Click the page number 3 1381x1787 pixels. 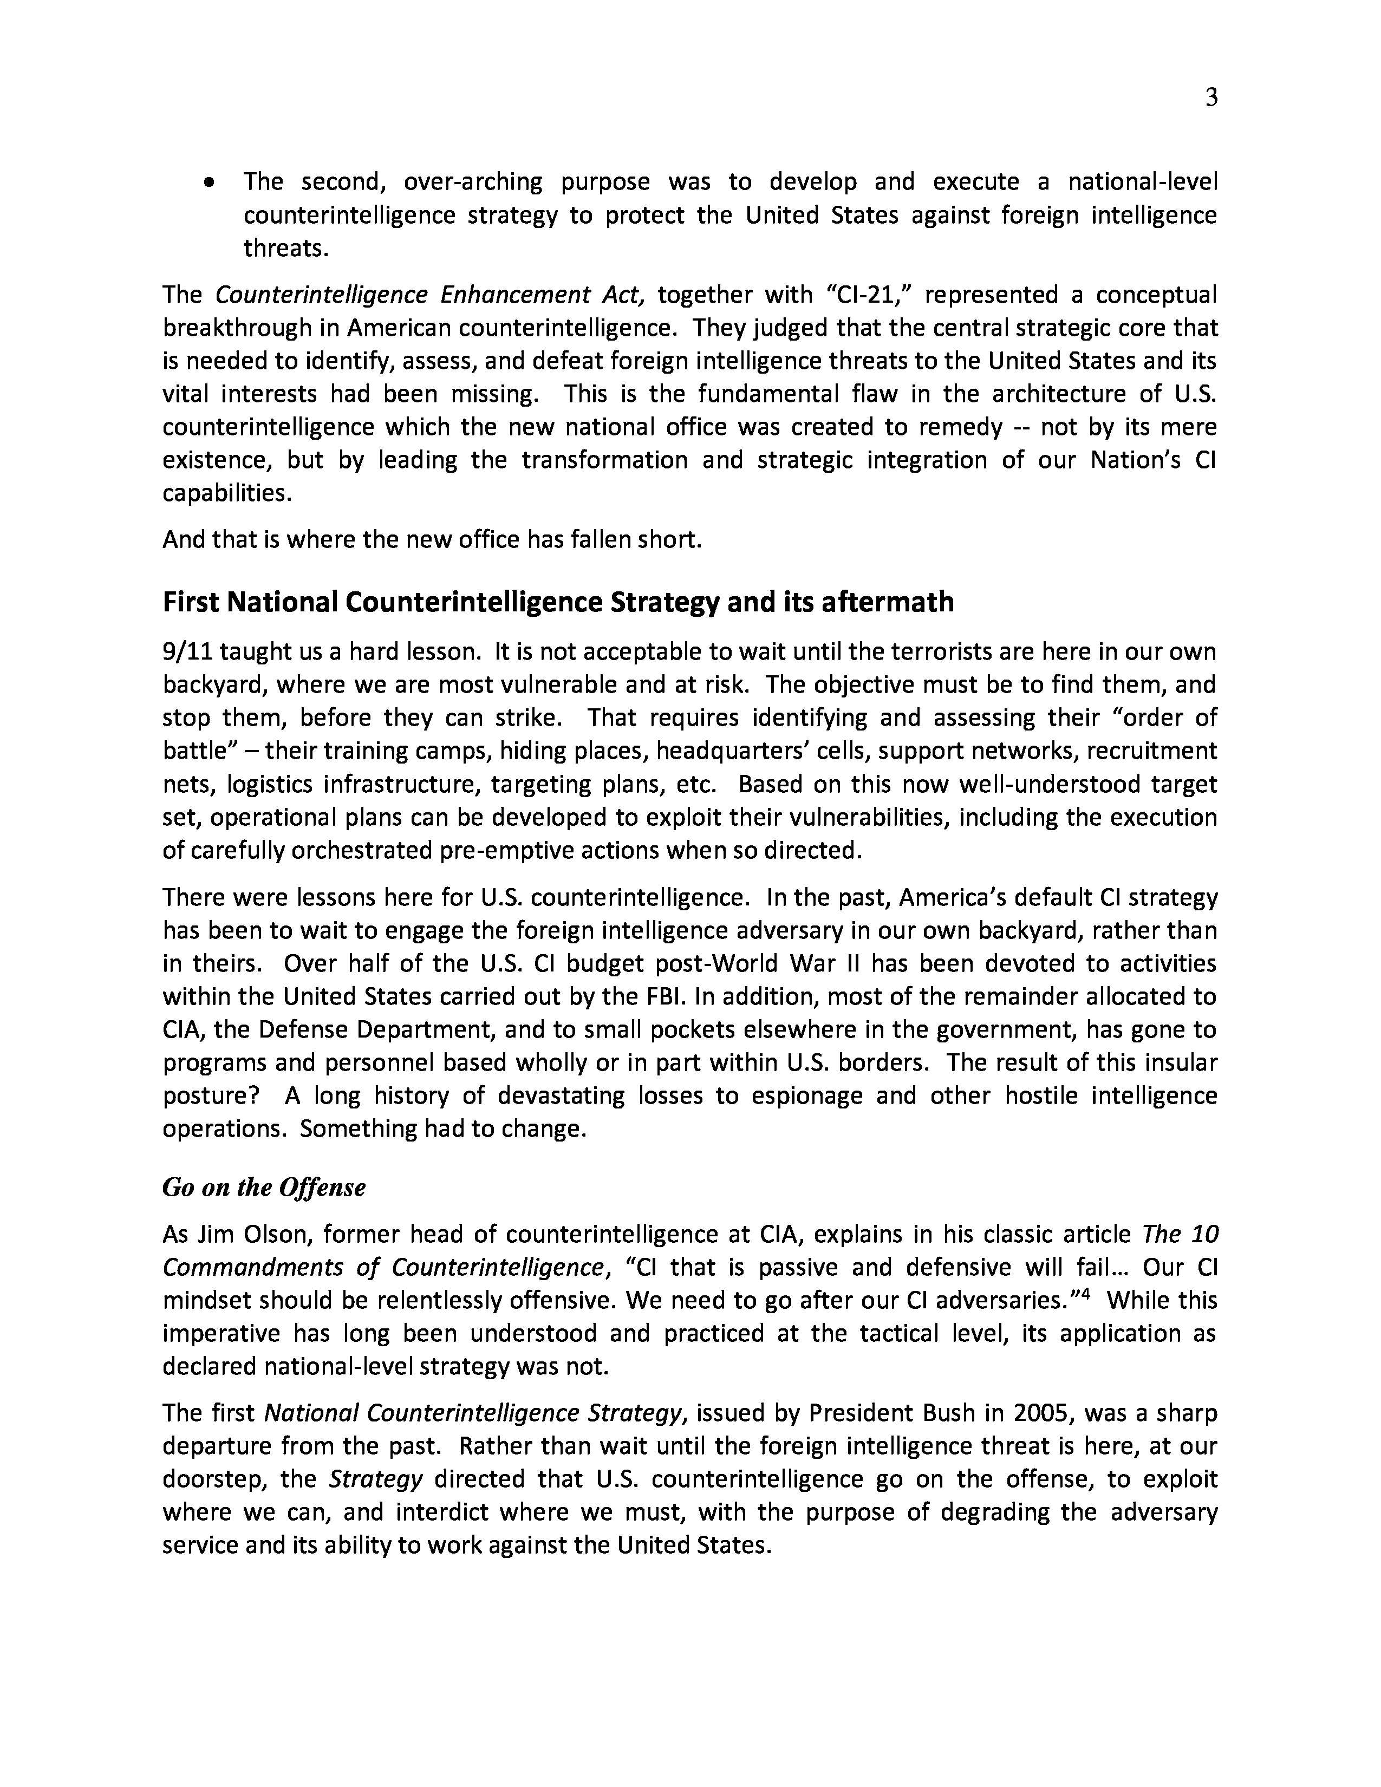[x=1211, y=98]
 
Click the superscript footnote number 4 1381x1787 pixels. [x=1086, y=1294]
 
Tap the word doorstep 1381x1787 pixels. [x=213, y=1479]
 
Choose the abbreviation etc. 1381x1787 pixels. [x=697, y=785]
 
